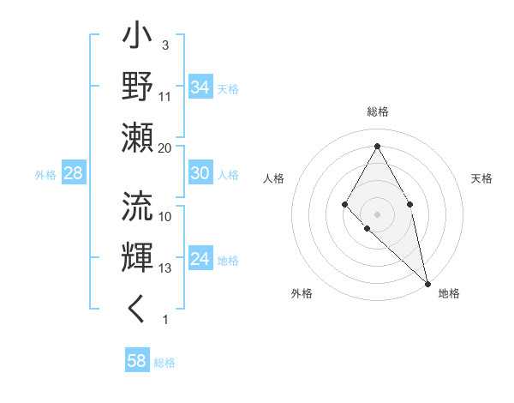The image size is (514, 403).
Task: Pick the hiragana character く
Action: [137, 308]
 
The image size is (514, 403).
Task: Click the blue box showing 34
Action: [200, 87]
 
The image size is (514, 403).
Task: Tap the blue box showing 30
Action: [200, 173]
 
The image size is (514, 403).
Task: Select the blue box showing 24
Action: [200, 259]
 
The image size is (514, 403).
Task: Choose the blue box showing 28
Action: [74, 174]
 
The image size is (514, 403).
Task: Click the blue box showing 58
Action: [137, 361]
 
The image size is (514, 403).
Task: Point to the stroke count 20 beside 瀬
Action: [165, 148]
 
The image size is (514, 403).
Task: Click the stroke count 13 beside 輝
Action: [165, 268]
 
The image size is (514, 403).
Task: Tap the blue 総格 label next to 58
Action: [164, 363]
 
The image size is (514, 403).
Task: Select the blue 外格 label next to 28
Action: [45, 175]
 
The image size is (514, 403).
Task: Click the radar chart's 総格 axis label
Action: [377, 111]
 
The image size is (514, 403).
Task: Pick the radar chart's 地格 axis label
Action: [449, 293]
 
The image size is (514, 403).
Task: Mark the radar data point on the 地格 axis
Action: [427, 283]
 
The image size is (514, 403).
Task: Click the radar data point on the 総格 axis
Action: [377, 145]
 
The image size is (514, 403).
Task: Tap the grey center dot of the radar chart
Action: [377, 213]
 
